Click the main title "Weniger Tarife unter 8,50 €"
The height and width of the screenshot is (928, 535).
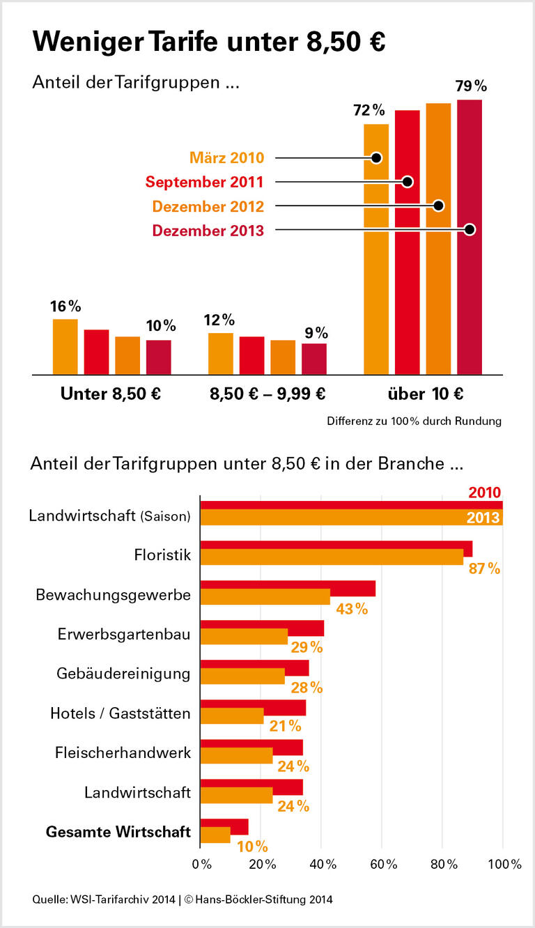209,42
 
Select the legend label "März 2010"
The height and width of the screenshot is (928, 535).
226,157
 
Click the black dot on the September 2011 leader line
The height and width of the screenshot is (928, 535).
408,182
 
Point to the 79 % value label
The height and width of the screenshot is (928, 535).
471,86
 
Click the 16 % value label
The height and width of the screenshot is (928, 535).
65,307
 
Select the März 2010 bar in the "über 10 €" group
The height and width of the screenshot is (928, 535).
376,249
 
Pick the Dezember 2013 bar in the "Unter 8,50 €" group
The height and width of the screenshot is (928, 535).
158,357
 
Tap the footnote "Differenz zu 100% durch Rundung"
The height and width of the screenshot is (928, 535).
414,421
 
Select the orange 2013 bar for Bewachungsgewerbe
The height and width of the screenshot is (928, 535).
265,596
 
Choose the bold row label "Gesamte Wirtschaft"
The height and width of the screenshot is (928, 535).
118,832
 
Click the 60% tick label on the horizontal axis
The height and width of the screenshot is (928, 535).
383,865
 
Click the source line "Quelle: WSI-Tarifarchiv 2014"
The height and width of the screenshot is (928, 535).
104,899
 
